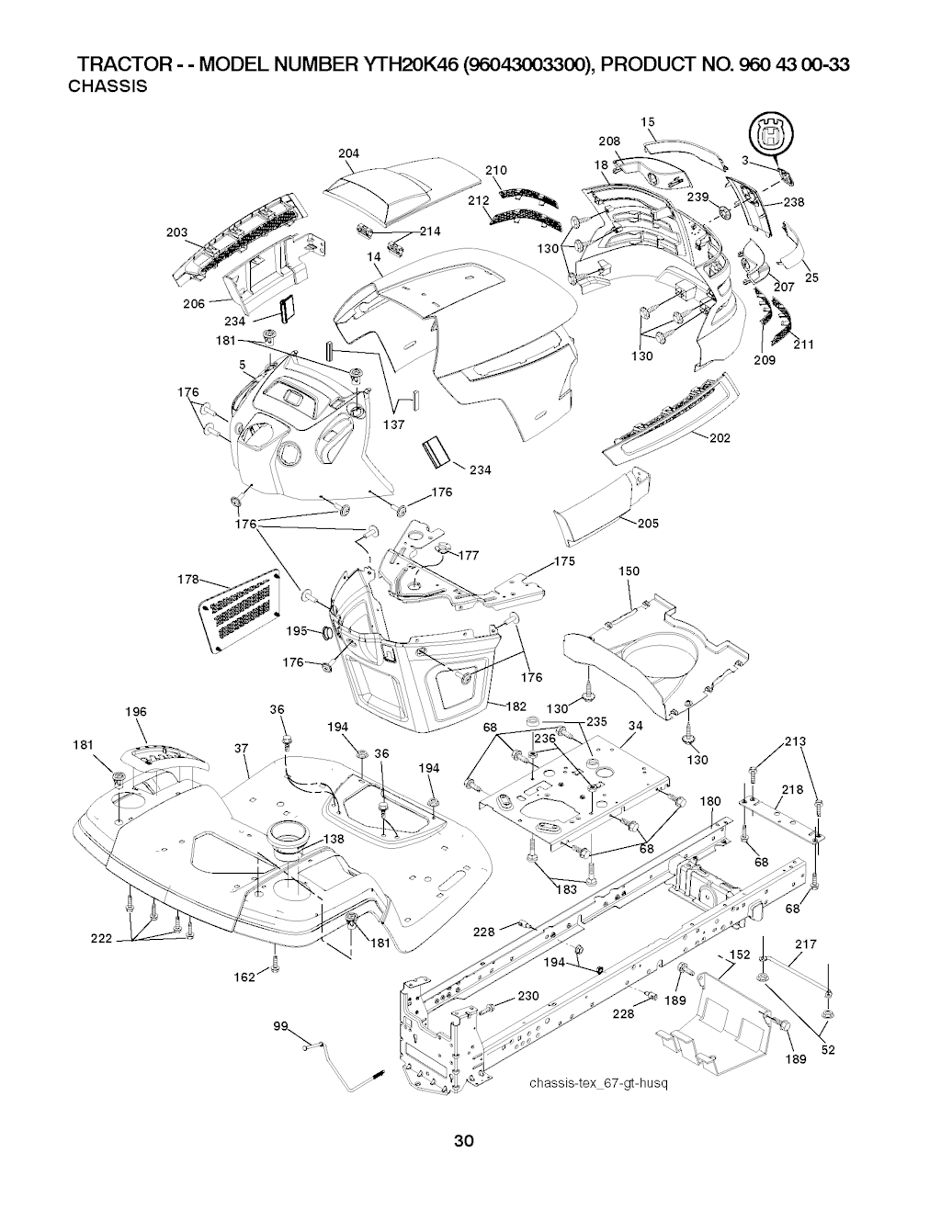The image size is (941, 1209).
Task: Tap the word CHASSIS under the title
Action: click(x=108, y=87)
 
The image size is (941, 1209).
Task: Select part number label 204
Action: click(x=348, y=153)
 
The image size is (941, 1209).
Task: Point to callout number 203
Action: click(x=176, y=233)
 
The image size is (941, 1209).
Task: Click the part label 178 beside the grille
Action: click(x=187, y=580)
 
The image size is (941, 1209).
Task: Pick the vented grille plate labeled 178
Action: click(x=240, y=611)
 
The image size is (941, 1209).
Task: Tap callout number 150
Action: click(x=629, y=571)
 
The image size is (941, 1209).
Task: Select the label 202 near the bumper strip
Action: click(x=720, y=438)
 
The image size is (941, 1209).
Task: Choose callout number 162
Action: click(x=244, y=977)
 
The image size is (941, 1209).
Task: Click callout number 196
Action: click(x=135, y=711)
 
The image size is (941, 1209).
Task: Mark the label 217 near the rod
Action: click(x=805, y=943)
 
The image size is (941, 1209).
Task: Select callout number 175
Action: click(x=564, y=562)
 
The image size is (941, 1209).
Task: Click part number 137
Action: click(x=393, y=424)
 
